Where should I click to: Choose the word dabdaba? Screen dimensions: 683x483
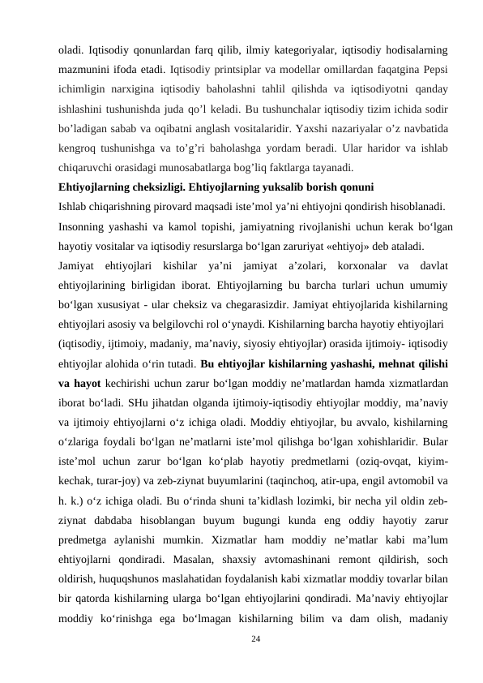[119, 501]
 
